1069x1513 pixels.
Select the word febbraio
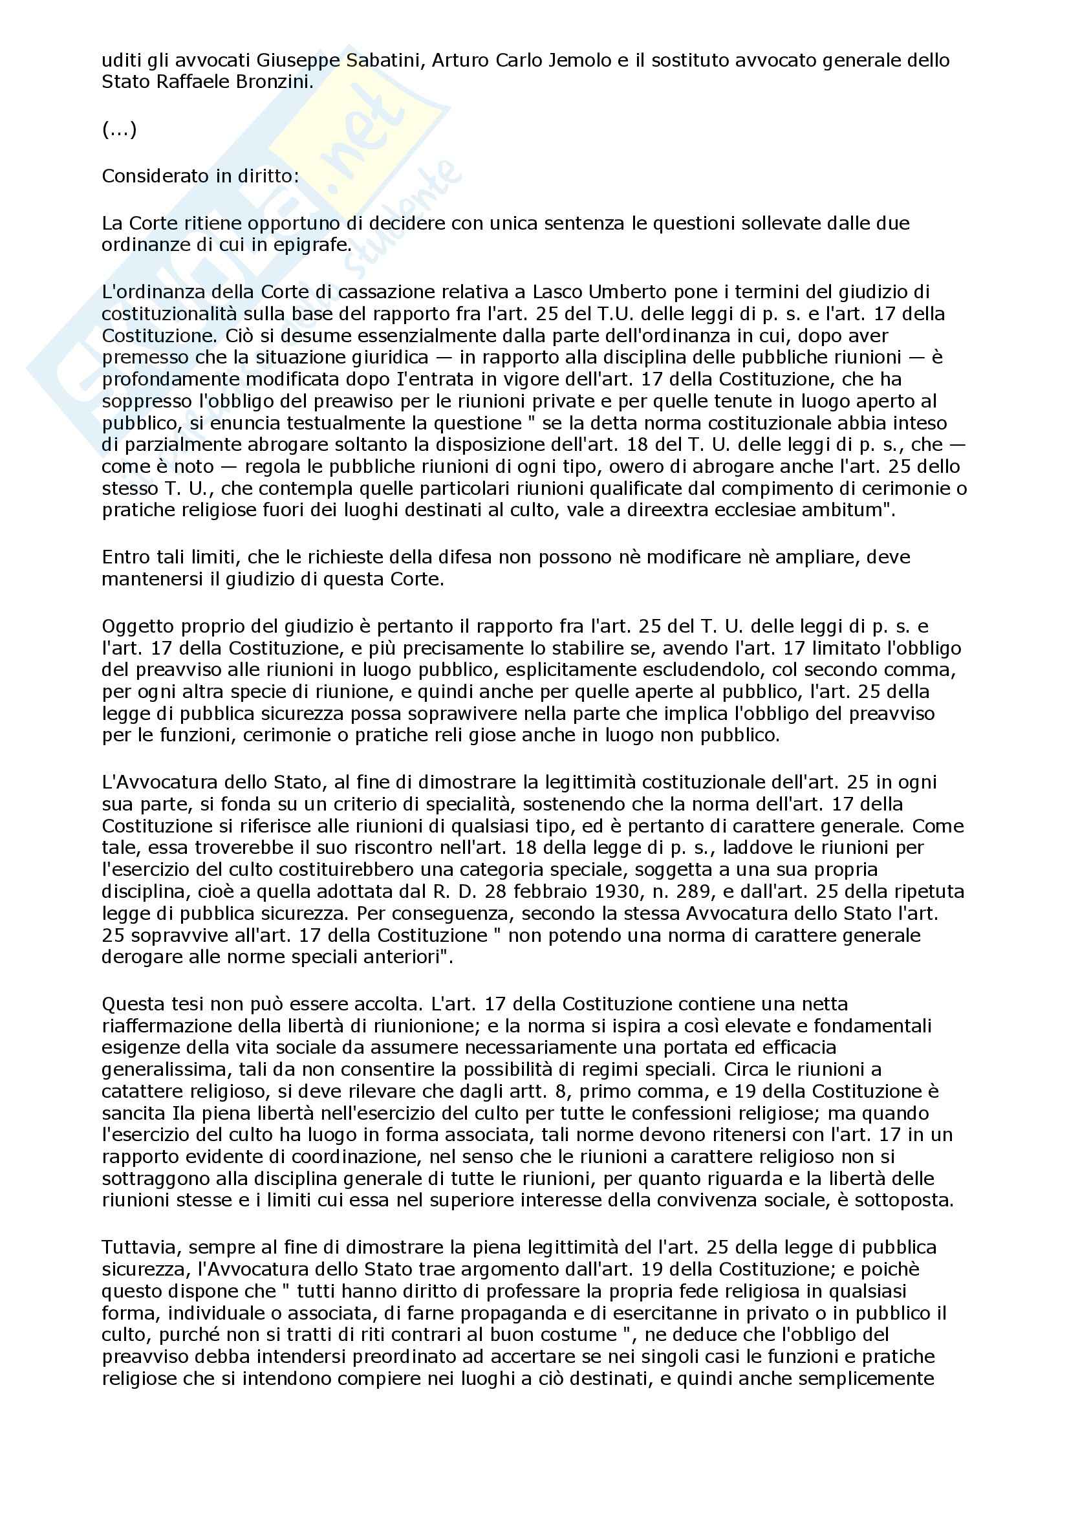pyautogui.click(x=544, y=891)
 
